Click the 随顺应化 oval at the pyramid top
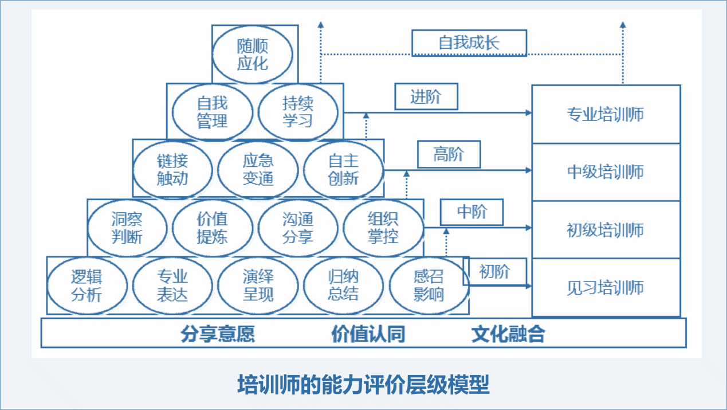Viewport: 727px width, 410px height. coord(253,55)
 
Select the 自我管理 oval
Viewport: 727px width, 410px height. coord(213,112)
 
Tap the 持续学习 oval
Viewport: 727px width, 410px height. coord(298,112)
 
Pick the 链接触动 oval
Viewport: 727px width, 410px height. coord(172,170)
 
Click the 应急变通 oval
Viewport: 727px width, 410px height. coord(258,170)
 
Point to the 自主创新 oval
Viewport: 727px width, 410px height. coord(343,170)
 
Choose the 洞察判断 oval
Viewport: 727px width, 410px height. coord(127,228)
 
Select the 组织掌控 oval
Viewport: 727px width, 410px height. coord(383,228)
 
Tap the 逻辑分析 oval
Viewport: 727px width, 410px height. coord(87,286)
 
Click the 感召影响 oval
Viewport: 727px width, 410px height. coord(429,286)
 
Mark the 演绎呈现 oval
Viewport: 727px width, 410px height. coord(258,286)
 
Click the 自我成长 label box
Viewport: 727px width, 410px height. coord(469,43)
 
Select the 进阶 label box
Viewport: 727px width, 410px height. coord(426,97)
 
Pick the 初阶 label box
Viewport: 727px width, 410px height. coord(494,271)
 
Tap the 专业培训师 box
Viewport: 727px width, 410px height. coord(606,114)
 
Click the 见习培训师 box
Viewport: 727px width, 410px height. coord(606,287)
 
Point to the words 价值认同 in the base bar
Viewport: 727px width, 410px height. coord(368,334)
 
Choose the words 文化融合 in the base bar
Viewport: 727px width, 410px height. coord(508,334)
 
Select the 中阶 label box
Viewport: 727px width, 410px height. coord(471,213)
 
